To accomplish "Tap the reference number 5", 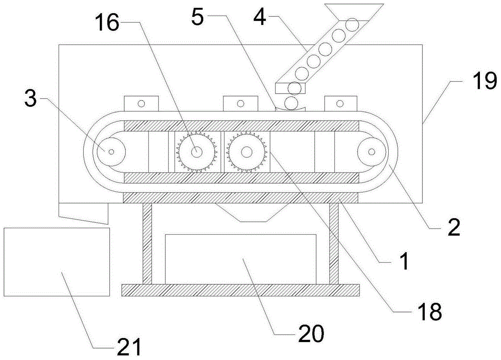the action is (197, 17).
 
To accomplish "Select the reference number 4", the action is (260, 17).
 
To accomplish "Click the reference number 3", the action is (31, 99).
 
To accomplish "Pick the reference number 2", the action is (454, 227).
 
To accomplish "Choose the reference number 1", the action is (404, 261).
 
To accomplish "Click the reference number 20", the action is (311, 334).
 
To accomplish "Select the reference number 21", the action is (129, 347).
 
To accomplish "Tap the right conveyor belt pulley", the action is (371, 152).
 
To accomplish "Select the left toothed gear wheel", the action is (196, 152).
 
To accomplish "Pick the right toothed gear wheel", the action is (246, 152).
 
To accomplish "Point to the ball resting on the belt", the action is (292, 103).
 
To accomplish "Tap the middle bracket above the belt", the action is (240, 104).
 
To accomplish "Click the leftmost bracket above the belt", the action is (141, 104).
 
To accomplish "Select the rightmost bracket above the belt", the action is (340, 104).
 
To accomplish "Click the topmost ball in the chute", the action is (353, 25).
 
